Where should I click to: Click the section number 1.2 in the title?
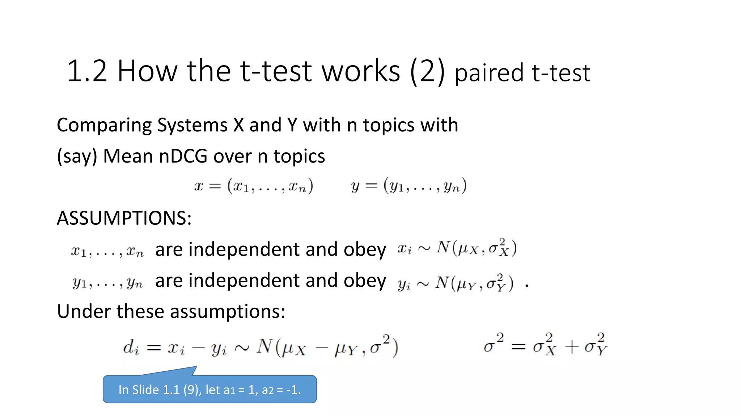tap(87, 71)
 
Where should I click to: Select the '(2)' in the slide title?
tap(427, 72)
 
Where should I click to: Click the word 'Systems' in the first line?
tap(192, 125)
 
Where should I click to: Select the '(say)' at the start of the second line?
tap(77, 157)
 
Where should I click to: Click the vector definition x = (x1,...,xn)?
tap(253, 186)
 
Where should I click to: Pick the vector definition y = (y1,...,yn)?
tap(408, 186)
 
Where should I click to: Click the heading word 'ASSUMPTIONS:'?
tap(124, 218)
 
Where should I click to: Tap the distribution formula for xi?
tap(457, 248)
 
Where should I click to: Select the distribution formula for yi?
tap(456, 283)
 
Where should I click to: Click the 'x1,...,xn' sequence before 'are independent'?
tap(107, 251)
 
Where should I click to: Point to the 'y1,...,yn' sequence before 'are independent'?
tap(107, 283)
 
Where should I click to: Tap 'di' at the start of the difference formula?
tap(131, 348)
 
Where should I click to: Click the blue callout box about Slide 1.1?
tap(209, 389)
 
